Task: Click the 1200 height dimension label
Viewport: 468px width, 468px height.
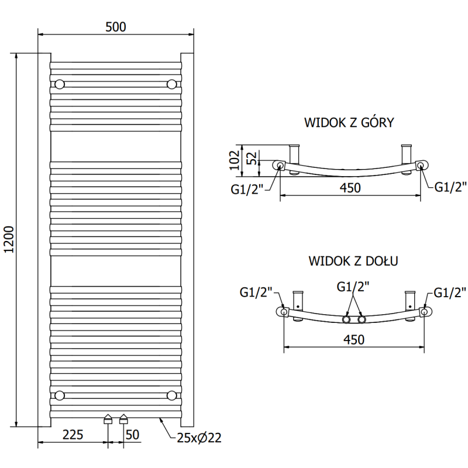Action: tap(8, 240)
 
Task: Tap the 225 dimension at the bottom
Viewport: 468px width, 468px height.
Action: tap(73, 434)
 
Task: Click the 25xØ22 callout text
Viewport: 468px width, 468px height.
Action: tap(199, 438)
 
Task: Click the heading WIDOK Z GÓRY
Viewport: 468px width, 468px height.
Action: tap(349, 123)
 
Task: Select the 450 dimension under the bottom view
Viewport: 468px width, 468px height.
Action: tap(354, 339)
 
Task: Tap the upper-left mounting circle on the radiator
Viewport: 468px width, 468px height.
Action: tap(59, 84)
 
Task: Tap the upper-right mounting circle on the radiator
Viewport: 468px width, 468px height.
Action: tap(171, 84)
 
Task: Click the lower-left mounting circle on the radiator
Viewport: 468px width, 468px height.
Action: tap(59, 395)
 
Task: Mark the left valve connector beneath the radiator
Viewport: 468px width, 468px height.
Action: tap(108, 419)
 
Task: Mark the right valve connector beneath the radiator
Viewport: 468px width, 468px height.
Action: tap(123, 419)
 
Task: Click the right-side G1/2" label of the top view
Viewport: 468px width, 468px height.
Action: tap(450, 187)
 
